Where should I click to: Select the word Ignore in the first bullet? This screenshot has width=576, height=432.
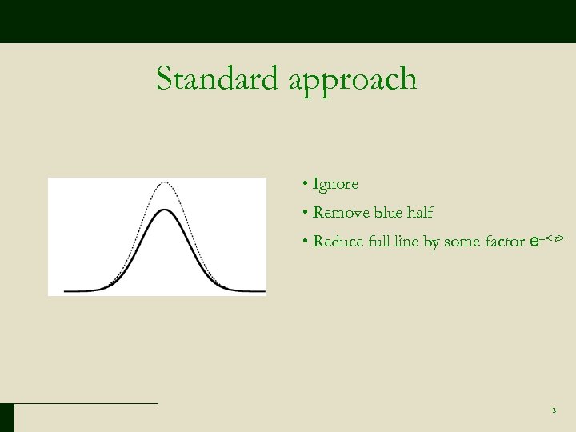336,185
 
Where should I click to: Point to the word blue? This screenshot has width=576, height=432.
390,213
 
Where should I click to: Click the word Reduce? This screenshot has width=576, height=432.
339,242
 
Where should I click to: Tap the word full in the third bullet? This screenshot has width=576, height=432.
380,242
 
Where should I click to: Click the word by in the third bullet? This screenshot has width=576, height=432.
432,242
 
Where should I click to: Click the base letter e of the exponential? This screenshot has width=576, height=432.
534,241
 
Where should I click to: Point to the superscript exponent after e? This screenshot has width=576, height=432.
554,237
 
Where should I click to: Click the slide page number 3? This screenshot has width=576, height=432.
554,411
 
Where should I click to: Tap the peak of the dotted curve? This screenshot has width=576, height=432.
164,182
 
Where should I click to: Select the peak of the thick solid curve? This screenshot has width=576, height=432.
164,210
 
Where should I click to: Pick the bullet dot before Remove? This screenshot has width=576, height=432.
306,213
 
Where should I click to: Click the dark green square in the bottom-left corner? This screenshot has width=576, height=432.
7,418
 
